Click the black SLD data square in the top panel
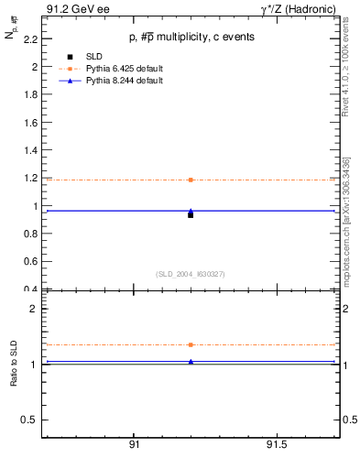point(191,214)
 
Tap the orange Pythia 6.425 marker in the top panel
point(191,180)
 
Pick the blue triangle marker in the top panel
point(191,211)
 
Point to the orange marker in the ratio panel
point(191,344)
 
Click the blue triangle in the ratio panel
point(191,362)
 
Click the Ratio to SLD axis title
point(13,364)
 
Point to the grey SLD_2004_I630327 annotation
point(190,274)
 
